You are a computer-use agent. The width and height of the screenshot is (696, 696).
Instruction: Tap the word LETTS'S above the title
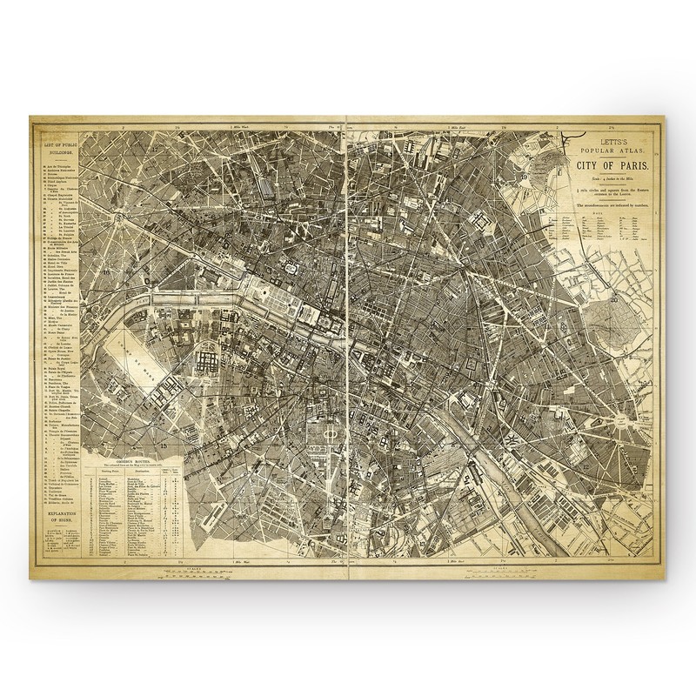pos(611,137)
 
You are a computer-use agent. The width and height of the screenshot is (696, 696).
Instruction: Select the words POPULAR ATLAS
pos(611,147)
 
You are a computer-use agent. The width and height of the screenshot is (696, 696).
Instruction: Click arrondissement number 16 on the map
pos(107,273)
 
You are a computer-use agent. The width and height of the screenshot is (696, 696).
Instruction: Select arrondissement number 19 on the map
pos(525,177)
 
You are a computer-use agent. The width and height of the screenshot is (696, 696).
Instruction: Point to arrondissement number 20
pos(614,301)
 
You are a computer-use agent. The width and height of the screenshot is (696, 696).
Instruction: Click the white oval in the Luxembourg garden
pos(330,432)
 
